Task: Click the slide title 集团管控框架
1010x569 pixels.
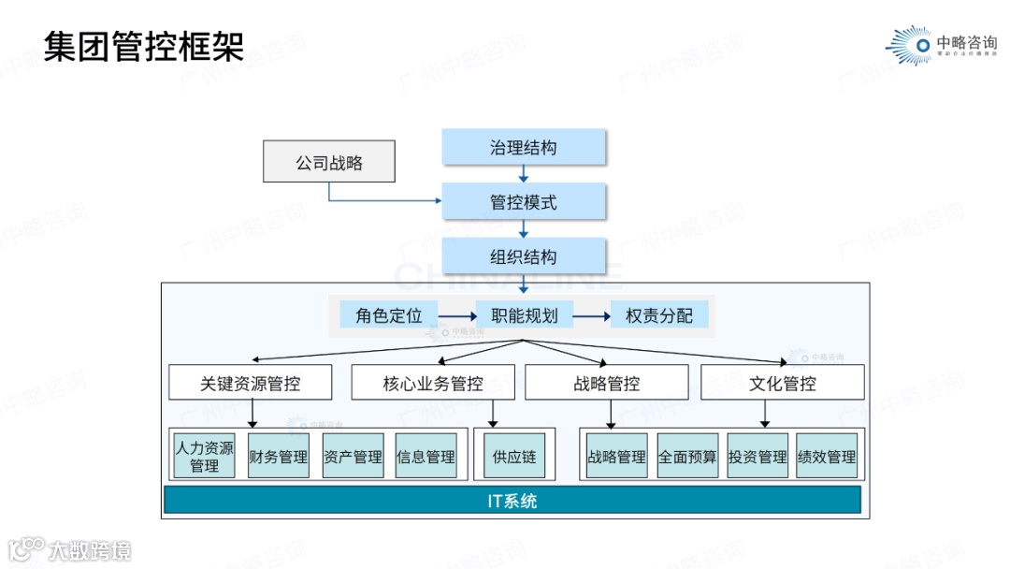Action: pyautogui.click(x=144, y=45)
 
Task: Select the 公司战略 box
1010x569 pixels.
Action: pyautogui.click(x=329, y=162)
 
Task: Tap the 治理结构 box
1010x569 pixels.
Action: pyautogui.click(x=524, y=147)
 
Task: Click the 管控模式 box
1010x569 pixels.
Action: pyautogui.click(x=524, y=201)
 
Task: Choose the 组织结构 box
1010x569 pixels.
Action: pyautogui.click(x=524, y=256)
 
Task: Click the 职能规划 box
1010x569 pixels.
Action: pyautogui.click(x=524, y=315)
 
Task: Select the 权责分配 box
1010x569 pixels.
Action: pyautogui.click(x=659, y=315)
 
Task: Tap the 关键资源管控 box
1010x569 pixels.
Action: pyautogui.click(x=251, y=383)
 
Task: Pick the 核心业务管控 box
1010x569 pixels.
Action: pyautogui.click(x=433, y=383)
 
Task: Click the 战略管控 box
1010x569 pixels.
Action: pyautogui.click(x=606, y=383)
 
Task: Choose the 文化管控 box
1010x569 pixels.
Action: pyautogui.click(x=782, y=383)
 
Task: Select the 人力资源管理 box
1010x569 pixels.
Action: pyautogui.click(x=204, y=456)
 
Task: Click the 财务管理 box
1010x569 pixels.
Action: pyautogui.click(x=278, y=457)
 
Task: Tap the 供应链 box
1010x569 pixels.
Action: pyautogui.click(x=514, y=457)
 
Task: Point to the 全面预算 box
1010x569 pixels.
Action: pyautogui.click(x=687, y=457)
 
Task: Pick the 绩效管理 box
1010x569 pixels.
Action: pyautogui.click(x=827, y=457)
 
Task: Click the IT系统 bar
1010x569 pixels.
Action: pyautogui.click(x=512, y=501)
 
